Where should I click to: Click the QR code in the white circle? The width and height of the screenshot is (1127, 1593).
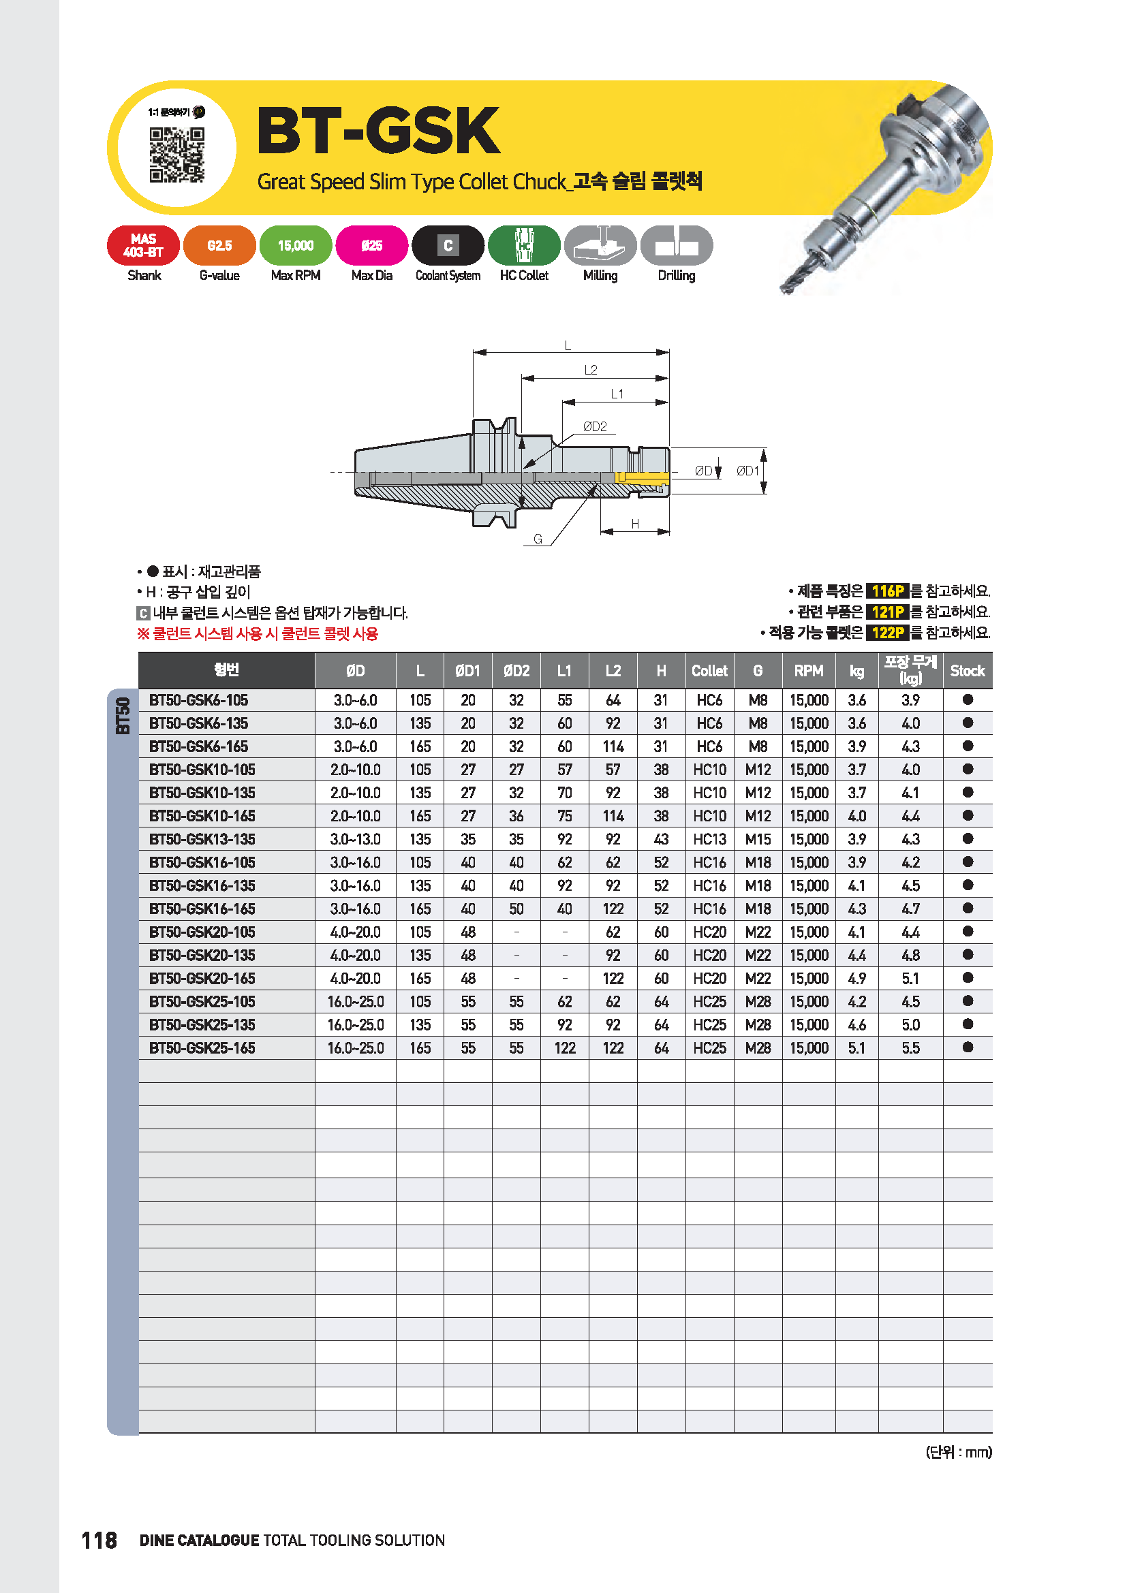click(x=177, y=154)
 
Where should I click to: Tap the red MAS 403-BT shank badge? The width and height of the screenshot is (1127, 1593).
click(x=144, y=246)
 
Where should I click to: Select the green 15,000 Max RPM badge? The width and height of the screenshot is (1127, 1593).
click(x=296, y=246)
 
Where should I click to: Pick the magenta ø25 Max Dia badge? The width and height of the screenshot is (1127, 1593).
click(x=372, y=246)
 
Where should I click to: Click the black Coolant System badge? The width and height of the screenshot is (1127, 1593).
click(x=448, y=246)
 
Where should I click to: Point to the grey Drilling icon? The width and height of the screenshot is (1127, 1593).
click(x=676, y=246)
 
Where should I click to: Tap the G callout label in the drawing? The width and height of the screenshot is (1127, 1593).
click(x=538, y=539)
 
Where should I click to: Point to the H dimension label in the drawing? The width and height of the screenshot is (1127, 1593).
click(x=635, y=524)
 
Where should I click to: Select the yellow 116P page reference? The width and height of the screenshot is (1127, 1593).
click(x=888, y=591)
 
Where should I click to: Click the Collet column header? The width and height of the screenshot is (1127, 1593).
click(x=709, y=671)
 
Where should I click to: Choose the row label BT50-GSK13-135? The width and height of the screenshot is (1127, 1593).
click(x=202, y=840)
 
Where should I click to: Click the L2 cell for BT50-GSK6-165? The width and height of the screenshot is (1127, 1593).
click(x=613, y=746)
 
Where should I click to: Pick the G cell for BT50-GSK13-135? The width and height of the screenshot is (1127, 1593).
click(x=758, y=840)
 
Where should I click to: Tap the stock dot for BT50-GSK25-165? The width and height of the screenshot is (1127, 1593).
click(x=968, y=1047)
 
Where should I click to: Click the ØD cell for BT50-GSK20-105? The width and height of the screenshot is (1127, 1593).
click(x=355, y=932)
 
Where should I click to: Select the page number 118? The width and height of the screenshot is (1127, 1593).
click(x=99, y=1541)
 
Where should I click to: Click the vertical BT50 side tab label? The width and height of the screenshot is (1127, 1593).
click(x=123, y=716)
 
